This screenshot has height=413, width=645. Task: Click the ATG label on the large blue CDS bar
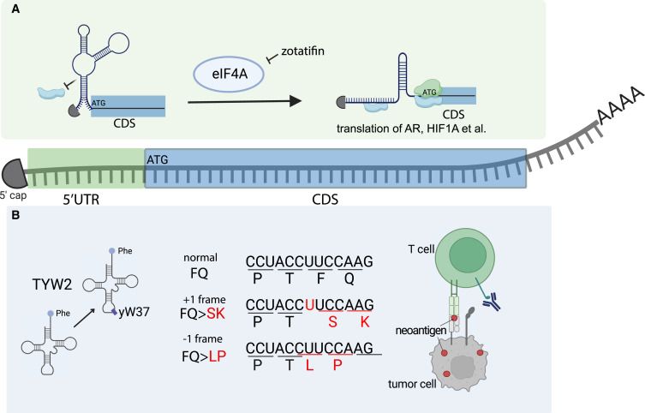pyautogui.click(x=158, y=159)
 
